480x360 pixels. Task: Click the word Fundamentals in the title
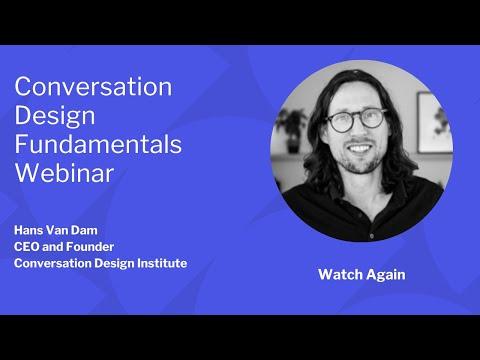click(98, 144)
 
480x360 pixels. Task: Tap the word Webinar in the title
click(64, 173)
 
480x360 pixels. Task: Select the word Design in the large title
click(55, 117)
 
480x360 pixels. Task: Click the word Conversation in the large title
click(93, 86)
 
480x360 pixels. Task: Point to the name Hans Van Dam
click(56, 230)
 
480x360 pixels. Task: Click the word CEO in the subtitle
click(26, 247)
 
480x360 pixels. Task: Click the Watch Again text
click(362, 275)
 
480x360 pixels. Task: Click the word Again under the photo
click(386, 276)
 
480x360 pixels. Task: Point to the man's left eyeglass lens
click(372, 118)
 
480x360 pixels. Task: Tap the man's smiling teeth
click(359, 148)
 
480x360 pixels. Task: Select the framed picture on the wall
click(434, 123)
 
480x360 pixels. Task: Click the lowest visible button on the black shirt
click(371, 236)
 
